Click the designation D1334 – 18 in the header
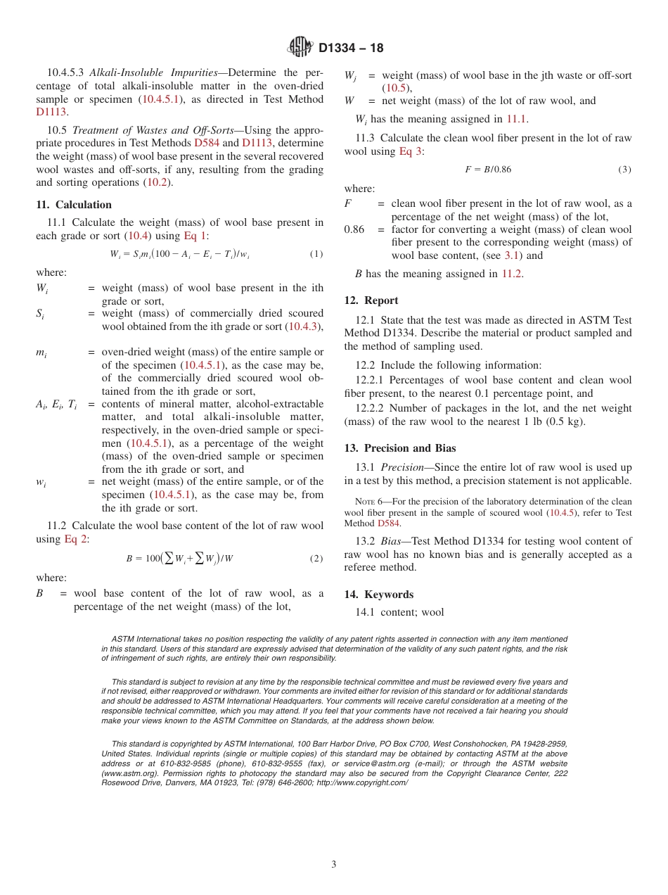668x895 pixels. tap(351, 48)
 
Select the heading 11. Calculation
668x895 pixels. tap(74, 205)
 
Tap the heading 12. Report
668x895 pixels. tap(371, 300)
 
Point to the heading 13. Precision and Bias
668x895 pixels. tap(400, 448)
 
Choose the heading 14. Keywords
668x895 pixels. tap(379, 595)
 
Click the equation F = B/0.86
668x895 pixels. tap(488, 170)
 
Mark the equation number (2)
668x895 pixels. tap(316, 559)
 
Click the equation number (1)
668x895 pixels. tap(316, 254)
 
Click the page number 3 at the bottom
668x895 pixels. tap(334, 864)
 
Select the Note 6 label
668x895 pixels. tap(368, 502)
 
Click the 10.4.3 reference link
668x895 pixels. tap(304, 326)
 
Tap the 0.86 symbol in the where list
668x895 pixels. tap(354, 229)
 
